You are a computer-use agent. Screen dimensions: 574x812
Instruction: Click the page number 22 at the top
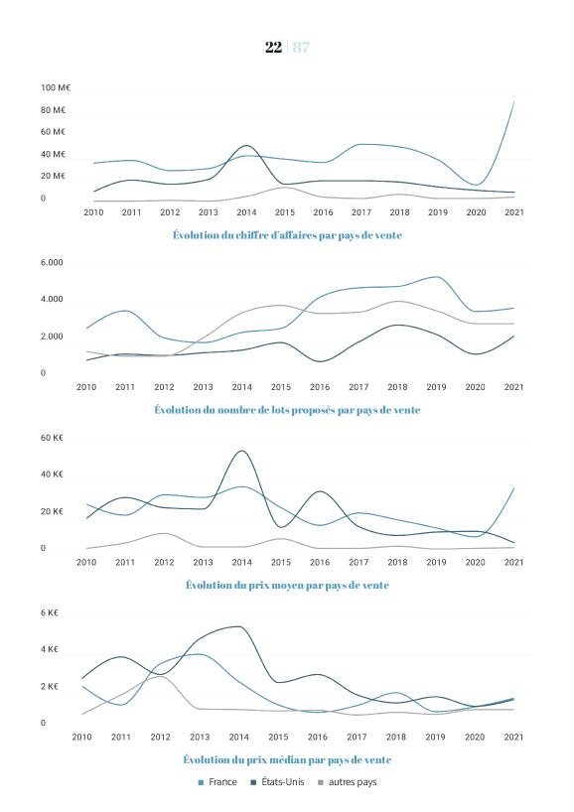[273, 47]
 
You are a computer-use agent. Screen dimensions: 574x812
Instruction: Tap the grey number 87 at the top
[301, 47]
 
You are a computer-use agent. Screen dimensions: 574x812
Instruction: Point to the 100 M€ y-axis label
[56, 88]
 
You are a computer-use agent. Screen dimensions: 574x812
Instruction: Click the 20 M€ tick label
[53, 176]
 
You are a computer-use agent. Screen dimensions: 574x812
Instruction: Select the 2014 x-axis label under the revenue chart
[246, 212]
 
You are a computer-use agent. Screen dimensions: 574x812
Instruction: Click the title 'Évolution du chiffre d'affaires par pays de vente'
[287, 235]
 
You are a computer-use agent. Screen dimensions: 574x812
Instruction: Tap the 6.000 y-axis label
[52, 262]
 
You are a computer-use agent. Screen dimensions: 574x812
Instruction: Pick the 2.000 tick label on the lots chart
[52, 337]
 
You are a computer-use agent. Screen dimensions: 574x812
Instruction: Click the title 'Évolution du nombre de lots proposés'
[288, 410]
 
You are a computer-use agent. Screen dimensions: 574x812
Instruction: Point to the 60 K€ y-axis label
[52, 438]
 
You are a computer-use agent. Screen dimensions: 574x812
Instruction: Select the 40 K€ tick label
[52, 474]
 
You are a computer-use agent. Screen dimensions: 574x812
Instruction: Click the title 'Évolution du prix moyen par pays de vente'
[287, 586]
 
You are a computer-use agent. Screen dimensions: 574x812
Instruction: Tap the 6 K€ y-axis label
[50, 613]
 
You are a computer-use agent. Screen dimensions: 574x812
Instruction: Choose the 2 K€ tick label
[50, 687]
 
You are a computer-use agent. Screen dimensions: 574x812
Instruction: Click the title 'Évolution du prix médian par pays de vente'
[287, 760]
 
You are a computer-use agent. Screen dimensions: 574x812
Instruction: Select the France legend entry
[217, 782]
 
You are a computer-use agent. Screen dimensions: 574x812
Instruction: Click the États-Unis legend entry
[278, 782]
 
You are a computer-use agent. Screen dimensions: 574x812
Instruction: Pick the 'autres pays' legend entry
[348, 782]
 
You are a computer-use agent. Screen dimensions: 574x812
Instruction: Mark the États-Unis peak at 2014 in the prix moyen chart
[241, 451]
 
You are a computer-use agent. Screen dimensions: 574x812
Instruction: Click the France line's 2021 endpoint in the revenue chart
[513, 101]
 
